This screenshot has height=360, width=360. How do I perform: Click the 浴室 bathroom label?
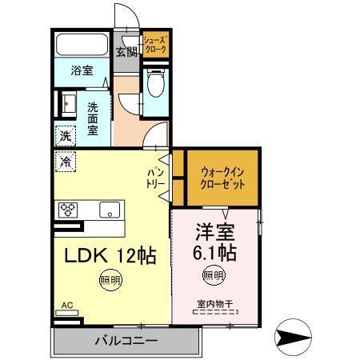point(81,70)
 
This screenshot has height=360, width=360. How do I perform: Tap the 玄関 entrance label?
point(126,53)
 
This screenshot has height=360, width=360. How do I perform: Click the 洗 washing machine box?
point(66,135)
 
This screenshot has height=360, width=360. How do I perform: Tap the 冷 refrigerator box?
point(64,161)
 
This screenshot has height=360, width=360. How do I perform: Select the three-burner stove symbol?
point(67,210)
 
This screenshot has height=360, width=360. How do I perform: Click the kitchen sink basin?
point(108,210)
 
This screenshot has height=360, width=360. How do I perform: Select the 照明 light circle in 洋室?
point(213,276)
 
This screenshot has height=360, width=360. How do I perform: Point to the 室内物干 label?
point(214,303)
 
